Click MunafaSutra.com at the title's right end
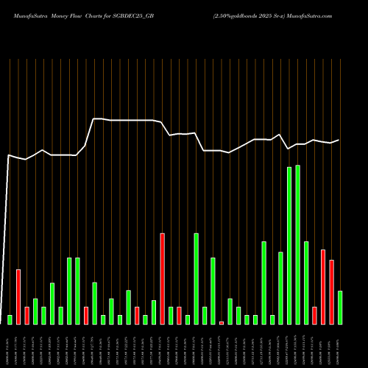(x=309, y=15)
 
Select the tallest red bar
(x=163, y=278)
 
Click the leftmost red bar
(x=18, y=297)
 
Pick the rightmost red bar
(x=331, y=291)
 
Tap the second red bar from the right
(x=323, y=286)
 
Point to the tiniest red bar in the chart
(x=222, y=322)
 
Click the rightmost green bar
(x=340, y=307)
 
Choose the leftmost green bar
(x=10, y=319)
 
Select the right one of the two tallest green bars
(x=298, y=244)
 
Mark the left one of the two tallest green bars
(x=289, y=245)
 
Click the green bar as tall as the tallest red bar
(x=197, y=278)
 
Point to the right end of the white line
(x=339, y=140)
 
